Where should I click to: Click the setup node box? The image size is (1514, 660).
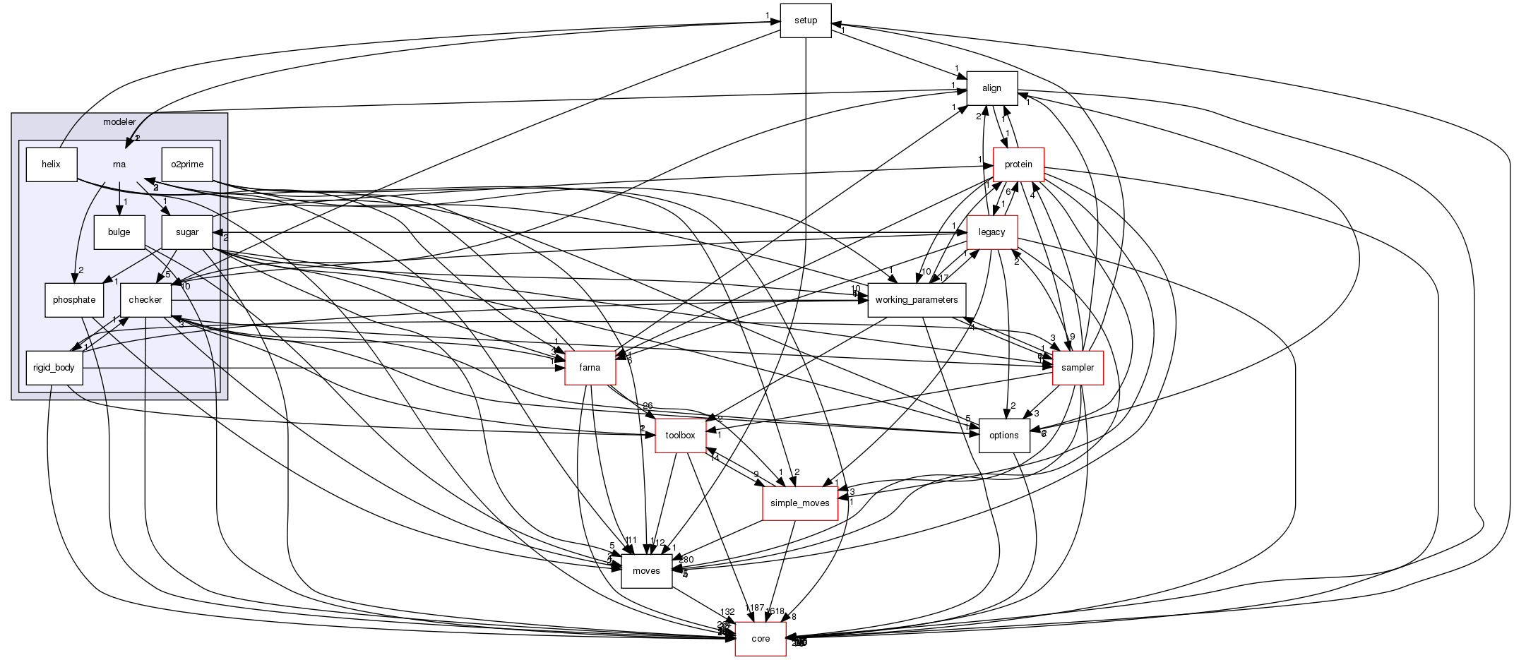[x=805, y=20]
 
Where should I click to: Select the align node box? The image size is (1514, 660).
[x=991, y=88]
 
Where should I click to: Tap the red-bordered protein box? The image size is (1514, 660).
[x=1018, y=164]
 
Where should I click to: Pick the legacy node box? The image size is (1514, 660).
[x=991, y=232]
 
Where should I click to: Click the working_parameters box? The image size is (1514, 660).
[x=916, y=300]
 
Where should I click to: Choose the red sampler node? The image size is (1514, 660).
[x=1077, y=368]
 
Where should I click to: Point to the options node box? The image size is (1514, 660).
[x=1003, y=436]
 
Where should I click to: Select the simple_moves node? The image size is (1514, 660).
[x=799, y=503]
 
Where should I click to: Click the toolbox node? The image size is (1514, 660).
[x=680, y=436]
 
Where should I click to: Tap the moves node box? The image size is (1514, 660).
[x=645, y=571]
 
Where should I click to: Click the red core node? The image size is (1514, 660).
[x=760, y=639]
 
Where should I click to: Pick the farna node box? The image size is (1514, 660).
[x=590, y=368]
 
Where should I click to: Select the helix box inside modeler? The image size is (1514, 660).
[x=51, y=164]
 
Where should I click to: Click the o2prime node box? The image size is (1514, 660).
[x=187, y=164]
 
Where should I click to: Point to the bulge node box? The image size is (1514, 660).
[x=119, y=232]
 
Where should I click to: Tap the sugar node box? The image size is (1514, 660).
[x=187, y=232]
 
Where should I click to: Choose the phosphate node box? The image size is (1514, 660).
[x=73, y=300]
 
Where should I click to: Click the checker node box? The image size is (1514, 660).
[x=145, y=300]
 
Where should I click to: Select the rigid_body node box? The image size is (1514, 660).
[x=54, y=368]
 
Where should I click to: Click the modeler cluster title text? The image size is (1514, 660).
[x=119, y=122]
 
